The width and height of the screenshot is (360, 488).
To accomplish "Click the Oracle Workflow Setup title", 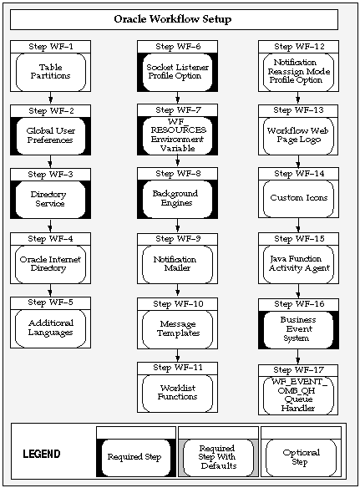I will tap(173, 19).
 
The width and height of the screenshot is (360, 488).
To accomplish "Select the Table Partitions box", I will tap(50, 73).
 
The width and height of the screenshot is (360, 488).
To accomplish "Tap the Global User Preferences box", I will tap(50, 135).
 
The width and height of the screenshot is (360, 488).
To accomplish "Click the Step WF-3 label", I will tap(50, 175).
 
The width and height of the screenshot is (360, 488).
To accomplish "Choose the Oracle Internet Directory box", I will tap(50, 263).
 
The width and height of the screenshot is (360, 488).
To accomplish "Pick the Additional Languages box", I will tap(50, 328).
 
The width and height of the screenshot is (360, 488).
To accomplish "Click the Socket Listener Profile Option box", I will tap(177, 72).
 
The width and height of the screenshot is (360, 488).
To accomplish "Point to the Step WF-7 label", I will tap(177, 110).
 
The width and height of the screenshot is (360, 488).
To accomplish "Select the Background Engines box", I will tap(177, 199).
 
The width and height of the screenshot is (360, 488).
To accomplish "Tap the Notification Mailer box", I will tap(177, 264).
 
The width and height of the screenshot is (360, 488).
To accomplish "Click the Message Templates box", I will tap(177, 328).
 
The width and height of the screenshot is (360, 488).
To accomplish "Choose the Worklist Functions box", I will tap(177, 392).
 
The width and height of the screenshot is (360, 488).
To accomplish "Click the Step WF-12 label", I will tap(298, 46).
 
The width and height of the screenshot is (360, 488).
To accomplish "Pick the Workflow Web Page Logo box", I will tap(298, 135).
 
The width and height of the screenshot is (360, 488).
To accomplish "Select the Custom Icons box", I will tap(298, 199).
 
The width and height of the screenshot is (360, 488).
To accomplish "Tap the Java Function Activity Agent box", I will tap(298, 264).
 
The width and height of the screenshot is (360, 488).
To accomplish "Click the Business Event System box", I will tap(298, 328).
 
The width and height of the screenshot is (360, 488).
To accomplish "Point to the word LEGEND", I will tap(40, 455).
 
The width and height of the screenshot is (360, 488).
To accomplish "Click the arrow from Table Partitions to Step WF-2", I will tap(50, 98).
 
